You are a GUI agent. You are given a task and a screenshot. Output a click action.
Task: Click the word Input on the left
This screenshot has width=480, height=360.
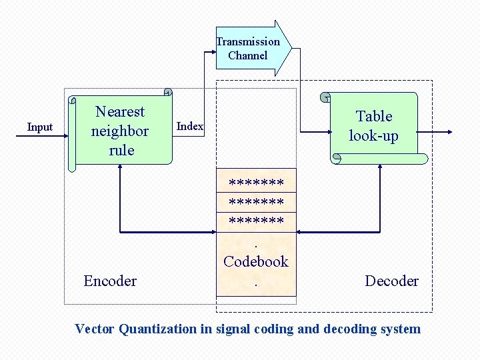[x=40, y=127]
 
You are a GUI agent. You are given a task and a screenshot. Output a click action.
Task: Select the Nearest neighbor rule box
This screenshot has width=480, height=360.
[x=121, y=131]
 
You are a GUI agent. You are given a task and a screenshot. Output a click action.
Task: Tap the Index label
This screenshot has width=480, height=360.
[x=190, y=127]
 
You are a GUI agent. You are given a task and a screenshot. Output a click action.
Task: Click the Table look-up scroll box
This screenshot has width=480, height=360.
[x=375, y=127]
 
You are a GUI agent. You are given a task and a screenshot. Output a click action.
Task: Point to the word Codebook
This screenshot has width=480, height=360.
[x=256, y=261]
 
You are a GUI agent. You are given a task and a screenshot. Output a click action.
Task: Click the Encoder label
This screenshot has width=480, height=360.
[x=110, y=281]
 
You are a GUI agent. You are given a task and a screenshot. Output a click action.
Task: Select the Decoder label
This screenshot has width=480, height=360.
[x=391, y=281]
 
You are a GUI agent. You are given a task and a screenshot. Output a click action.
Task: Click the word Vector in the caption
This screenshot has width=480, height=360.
[x=95, y=329]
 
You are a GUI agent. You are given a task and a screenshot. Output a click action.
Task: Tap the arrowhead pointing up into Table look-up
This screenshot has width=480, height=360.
[x=379, y=168]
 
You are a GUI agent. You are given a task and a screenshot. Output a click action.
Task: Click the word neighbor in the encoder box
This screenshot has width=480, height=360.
[x=120, y=131]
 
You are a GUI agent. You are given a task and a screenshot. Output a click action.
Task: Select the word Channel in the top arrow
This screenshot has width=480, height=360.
[x=247, y=55]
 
